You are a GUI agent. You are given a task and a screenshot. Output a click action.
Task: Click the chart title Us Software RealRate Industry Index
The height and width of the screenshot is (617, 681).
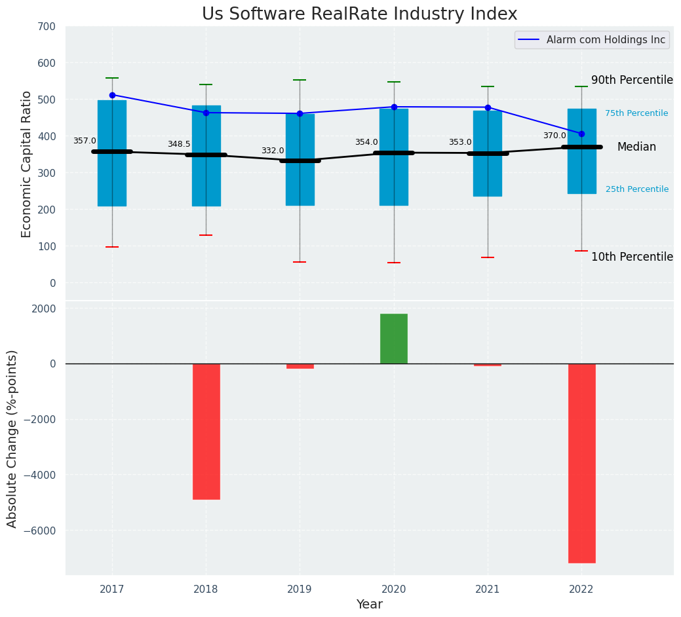[x=359, y=14]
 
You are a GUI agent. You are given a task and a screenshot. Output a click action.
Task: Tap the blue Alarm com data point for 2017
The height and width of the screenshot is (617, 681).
[x=112, y=95]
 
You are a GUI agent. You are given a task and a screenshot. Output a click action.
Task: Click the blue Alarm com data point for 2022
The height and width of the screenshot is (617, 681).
[x=581, y=134]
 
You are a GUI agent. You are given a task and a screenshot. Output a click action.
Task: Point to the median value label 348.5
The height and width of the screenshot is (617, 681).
[x=179, y=144]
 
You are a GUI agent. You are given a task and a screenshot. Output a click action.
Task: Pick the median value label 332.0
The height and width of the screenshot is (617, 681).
[x=273, y=151]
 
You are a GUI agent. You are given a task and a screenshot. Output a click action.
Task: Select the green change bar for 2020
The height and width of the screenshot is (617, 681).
[x=394, y=339]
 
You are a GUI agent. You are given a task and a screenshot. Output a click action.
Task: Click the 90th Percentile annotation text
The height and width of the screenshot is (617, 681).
[x=632, y=80]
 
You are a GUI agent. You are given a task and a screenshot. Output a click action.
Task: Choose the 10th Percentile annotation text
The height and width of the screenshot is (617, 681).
[x=632, y=257]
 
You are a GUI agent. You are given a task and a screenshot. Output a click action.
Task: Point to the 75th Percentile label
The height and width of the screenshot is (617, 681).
[x=636, y=113]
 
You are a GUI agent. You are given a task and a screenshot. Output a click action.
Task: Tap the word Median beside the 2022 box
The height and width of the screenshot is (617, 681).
[x=636, y=147]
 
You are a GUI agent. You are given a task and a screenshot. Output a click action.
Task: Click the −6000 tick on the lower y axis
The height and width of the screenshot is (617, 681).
[x=41, y=531]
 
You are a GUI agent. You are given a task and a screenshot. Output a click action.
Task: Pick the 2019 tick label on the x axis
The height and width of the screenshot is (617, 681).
[x=300, y=589]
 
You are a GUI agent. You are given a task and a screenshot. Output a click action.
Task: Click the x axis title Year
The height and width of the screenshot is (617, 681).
[x=370, y=605]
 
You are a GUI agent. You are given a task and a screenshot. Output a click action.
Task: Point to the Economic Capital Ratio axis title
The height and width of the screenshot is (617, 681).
[x=27, y=164]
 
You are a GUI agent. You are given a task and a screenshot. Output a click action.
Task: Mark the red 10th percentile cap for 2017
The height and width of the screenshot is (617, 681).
[x=112, y=247]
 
